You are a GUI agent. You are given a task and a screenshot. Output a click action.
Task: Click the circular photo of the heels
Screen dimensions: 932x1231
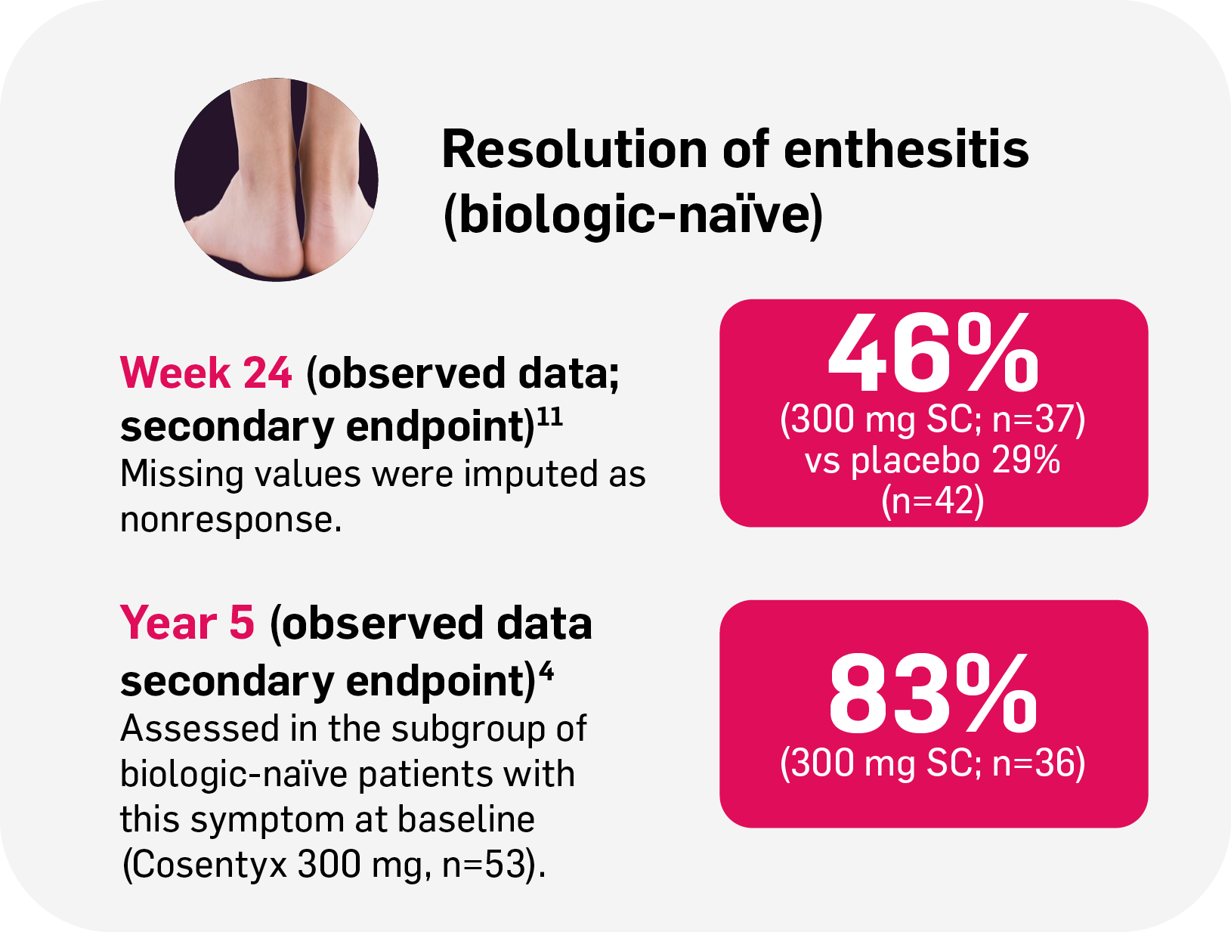pyautogui.click(x=277, y=180)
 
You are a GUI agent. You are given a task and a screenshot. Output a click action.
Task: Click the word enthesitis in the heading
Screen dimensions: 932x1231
pyautogui.click(x=906, y=149)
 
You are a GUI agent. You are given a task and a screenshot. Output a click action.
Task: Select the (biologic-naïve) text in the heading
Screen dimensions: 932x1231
pyautogui.click(x=633, y=215)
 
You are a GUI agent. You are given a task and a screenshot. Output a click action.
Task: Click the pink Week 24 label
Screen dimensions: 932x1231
pyautogui.click(x=206, y=373)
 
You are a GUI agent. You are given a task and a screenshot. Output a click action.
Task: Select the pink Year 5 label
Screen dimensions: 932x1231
pyautogui.click(x=187, y=624)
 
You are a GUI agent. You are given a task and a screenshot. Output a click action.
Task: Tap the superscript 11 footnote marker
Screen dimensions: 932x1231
pyautogui.click(x=549, y=418)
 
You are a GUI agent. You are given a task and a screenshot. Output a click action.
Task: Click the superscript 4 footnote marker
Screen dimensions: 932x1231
pyautogui.click(x=546, y=671)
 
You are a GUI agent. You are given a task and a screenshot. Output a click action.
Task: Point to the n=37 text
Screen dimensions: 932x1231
pyautogui.click(x=1038, y=420)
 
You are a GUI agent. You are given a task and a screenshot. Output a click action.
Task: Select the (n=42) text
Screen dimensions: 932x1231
pyautogui.click(x=933, y=500)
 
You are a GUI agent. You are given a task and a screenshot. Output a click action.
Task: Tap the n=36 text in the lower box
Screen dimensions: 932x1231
pyautogui.click(x=1038, y=763)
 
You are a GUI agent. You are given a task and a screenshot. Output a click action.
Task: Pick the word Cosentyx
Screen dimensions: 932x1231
pyautogui.click(x=206, y=865)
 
